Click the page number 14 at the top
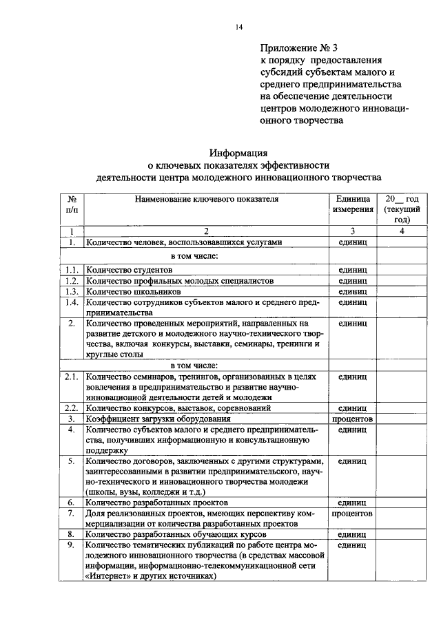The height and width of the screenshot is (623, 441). [239, 27]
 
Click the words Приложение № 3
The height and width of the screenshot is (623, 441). [300, 48]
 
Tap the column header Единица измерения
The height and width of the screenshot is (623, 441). [352, 204]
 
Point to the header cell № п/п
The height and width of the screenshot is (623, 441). [72, 204]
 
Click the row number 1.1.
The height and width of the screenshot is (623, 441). [72, 270]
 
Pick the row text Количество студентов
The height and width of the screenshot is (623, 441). [129, 270]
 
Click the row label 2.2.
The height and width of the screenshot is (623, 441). [72, 408]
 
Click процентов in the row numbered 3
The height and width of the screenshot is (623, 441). [352, 419]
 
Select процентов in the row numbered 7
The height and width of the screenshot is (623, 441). [352, 514]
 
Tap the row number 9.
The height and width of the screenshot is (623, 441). [72, 545]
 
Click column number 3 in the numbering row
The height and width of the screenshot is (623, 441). [352, 231]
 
